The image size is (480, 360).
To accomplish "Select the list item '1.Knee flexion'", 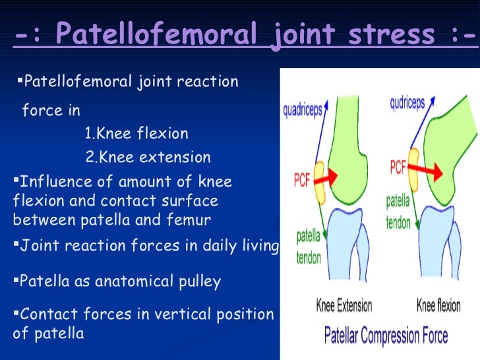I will pos(136,134).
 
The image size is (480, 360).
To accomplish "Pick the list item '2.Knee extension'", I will pos(148,158).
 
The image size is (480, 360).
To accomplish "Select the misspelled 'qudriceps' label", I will pos(411,103).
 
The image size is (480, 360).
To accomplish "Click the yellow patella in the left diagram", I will pos(321,182).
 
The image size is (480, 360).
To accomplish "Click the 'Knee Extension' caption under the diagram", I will pos(344,306).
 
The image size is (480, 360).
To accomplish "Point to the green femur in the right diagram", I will pos(448,132).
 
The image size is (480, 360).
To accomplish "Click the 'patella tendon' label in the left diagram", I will pos(309,246).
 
